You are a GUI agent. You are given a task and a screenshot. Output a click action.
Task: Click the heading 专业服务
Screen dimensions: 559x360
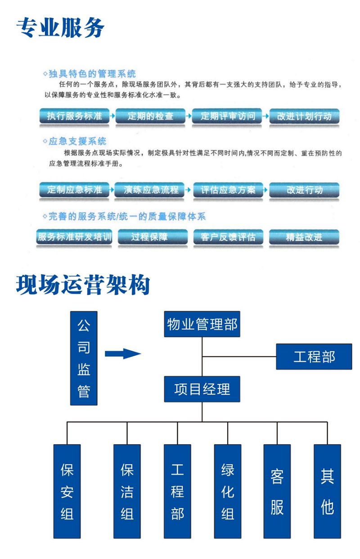pyautogui.click(x=60, y=28)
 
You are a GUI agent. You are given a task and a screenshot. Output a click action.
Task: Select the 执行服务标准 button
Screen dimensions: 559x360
pyautogui.click(x=75, y=116)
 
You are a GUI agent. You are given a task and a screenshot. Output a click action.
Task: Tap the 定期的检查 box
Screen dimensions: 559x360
pyautogui.click(x=150, y=116)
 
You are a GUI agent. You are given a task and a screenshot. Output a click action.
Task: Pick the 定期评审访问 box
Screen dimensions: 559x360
pyautogui.click(x=228, y=116)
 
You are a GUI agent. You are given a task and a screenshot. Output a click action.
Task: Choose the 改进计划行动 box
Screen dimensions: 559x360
pyautogui.click(x=304, y=116)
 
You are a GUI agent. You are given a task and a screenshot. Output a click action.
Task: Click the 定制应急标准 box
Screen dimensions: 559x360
pyautogui.click(x=75, y=189)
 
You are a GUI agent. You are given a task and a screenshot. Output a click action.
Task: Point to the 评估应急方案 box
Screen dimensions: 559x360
pyautogui.click(x=228, y=189)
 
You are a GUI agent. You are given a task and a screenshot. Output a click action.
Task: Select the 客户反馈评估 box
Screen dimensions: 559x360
pyautogui.click(x=228, y=237)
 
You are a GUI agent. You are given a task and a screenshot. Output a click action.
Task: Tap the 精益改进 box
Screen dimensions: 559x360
pyautogui.click(x=304, y=237)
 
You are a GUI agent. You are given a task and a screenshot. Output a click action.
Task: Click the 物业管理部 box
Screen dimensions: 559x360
pyautogui.click(x=202, y=324)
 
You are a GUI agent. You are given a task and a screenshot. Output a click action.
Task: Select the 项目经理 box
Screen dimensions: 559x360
pyautogui.click(x=202, y=389)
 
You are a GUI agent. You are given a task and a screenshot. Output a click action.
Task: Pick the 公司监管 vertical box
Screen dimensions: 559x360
pyautogui.click(x=84, y=358)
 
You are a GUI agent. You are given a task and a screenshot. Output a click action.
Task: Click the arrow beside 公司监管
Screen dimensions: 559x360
pyautogui.click(x=122, y=353)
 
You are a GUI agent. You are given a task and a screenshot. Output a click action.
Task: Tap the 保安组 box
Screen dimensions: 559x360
pyautogui.click(x=67, y=491)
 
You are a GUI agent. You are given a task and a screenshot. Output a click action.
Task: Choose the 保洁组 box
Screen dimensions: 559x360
pyautogui.click(x=127, y=491)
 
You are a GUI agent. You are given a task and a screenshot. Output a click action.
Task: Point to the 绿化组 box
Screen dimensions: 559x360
pyautogui.click(x=228, y=491)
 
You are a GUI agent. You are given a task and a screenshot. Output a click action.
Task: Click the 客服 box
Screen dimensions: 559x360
pyautogui.click(x=277, y=491)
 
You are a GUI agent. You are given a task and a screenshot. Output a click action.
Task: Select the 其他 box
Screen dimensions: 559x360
pyautogui.click(x=327, y=491)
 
